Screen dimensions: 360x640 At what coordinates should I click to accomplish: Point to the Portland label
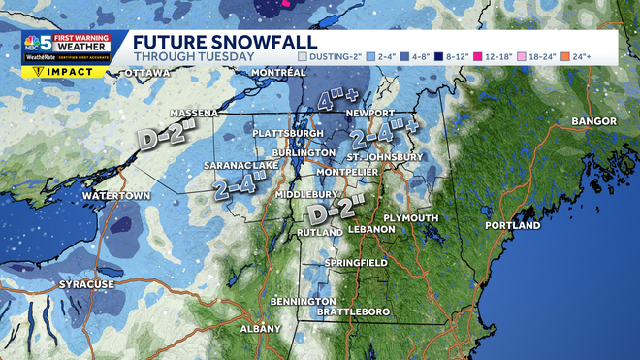pos(512,225)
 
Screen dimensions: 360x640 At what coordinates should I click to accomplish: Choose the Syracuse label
pos(86,283)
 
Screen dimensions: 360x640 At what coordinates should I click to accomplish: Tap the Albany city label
pos(260,328)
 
